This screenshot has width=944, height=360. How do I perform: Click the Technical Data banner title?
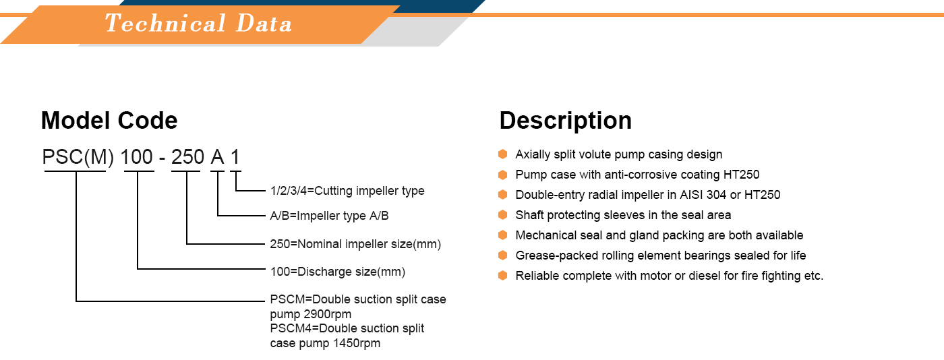coord(198,23)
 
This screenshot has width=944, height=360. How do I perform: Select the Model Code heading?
coord(109,121)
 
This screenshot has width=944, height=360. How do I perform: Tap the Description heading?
coord(566,121)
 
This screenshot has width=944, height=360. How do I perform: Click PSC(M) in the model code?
coord(78,157)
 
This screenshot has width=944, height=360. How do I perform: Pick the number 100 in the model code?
coord(136,157)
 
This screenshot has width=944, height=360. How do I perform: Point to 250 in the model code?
coord(187,157)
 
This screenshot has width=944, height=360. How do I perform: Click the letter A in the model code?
coord(217,157)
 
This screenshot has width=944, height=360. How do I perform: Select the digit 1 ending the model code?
coord(235,157)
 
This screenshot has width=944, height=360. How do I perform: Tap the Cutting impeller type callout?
coord(347,191)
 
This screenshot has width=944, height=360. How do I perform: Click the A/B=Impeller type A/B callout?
coord(329,216)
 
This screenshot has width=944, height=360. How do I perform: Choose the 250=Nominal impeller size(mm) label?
coord(355,244)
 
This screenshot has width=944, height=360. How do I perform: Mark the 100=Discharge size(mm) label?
coord(338,272)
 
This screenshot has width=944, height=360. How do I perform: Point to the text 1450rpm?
coord(357,344)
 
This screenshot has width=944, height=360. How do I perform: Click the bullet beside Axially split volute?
coord(503,154)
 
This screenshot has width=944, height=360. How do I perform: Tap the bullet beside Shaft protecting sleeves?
coord(503,214)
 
